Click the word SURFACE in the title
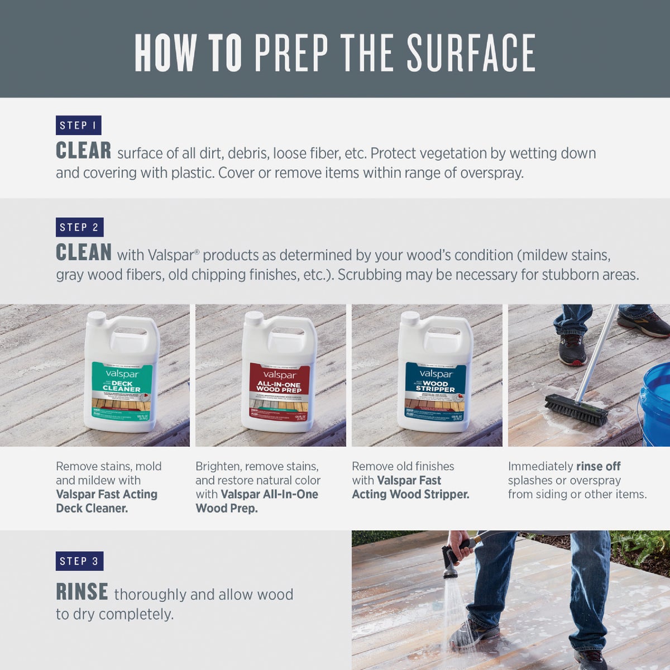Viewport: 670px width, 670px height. tap(471, 53)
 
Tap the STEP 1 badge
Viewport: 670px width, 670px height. tap(78, 125)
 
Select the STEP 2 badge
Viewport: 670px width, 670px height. tap(79, 227)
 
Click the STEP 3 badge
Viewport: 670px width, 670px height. tap(79, 561)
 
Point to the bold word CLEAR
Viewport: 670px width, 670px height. tap(84, 151)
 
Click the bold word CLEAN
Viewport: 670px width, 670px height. tap(84, 253)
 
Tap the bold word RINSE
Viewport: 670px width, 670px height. tap(82, 592)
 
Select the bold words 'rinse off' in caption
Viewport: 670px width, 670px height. tap(598, 466)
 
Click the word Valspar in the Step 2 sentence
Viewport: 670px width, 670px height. tap(170, 256)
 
